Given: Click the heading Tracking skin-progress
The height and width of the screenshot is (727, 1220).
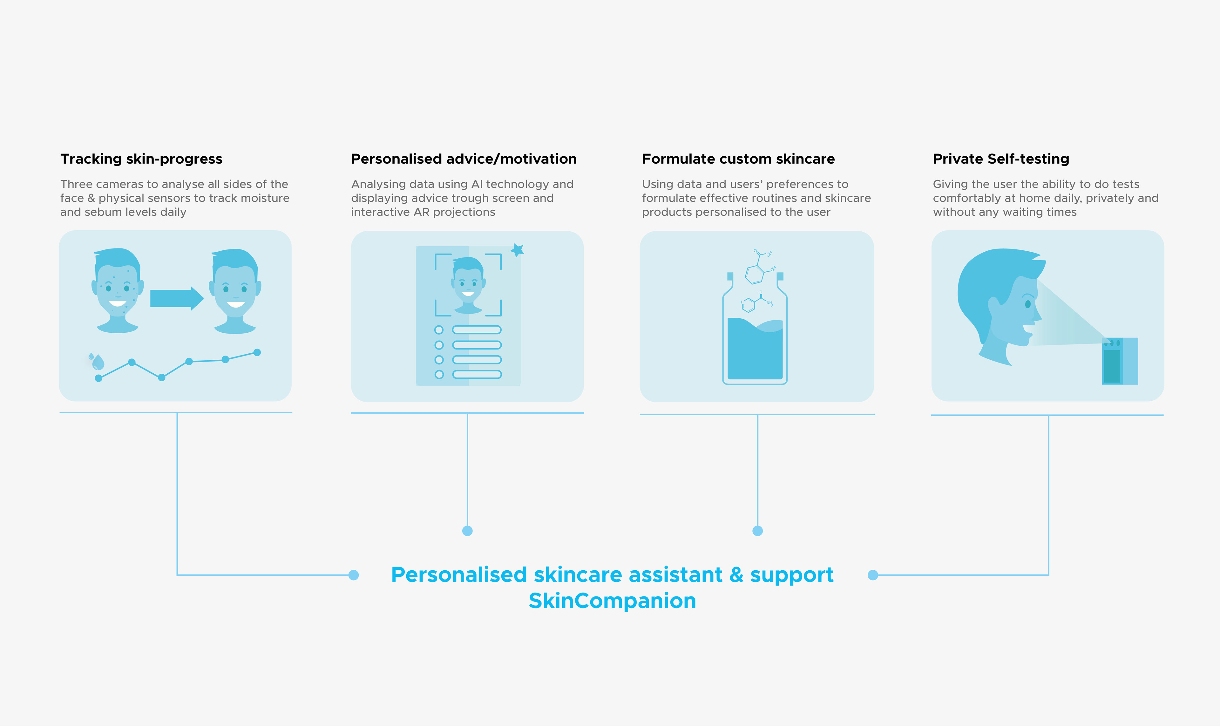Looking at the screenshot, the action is coord(141,159).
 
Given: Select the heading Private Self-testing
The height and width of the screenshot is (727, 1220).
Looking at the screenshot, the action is coord(1000,159).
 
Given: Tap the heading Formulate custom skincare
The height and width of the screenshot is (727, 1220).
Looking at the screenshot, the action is coord(738,159).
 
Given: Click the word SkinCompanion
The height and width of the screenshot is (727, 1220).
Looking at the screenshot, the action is coord(612,601).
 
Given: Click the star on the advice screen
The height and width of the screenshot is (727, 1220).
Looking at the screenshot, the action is coord(517,250).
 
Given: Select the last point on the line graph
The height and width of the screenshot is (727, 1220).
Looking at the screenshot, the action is coord(257,352).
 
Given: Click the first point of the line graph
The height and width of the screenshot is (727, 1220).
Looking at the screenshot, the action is coord(98,378).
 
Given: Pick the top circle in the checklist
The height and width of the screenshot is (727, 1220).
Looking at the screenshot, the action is coord(439,330).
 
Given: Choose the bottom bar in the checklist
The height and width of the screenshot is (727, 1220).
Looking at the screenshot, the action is coord(477,375).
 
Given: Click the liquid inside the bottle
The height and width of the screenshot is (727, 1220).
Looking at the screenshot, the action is coord(755,353).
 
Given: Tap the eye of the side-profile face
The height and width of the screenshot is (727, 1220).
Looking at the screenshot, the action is coord(1027,304).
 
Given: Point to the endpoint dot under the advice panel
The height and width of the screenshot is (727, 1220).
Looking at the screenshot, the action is coord(467,531).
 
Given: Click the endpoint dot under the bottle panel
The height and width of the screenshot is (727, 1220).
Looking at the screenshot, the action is coord(757,531).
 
